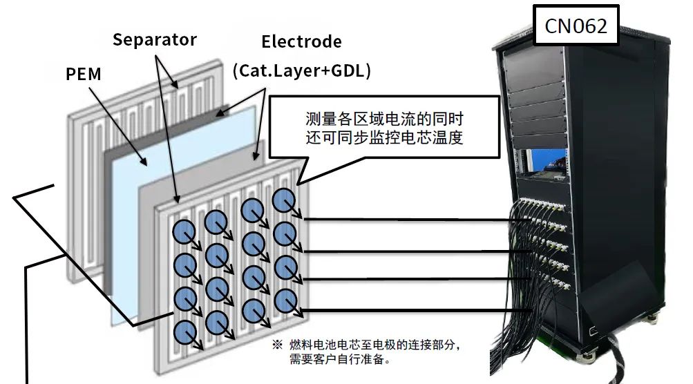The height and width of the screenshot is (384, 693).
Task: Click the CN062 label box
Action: (576, 26)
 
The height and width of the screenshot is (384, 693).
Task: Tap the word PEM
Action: (84, 73)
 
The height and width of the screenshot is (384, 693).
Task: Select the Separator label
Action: (154, 39)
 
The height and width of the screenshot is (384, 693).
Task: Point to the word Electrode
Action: (301, 41)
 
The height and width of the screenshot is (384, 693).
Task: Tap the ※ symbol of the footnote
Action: (278, 344)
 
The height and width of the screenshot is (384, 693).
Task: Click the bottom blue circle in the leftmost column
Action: (186, 330)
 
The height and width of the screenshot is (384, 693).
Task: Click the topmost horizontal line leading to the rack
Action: (408, 220)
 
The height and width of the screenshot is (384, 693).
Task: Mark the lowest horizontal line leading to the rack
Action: (408, 310)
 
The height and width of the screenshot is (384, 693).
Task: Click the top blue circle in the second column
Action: (216, 222)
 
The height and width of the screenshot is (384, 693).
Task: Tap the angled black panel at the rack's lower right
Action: (615, 297)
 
